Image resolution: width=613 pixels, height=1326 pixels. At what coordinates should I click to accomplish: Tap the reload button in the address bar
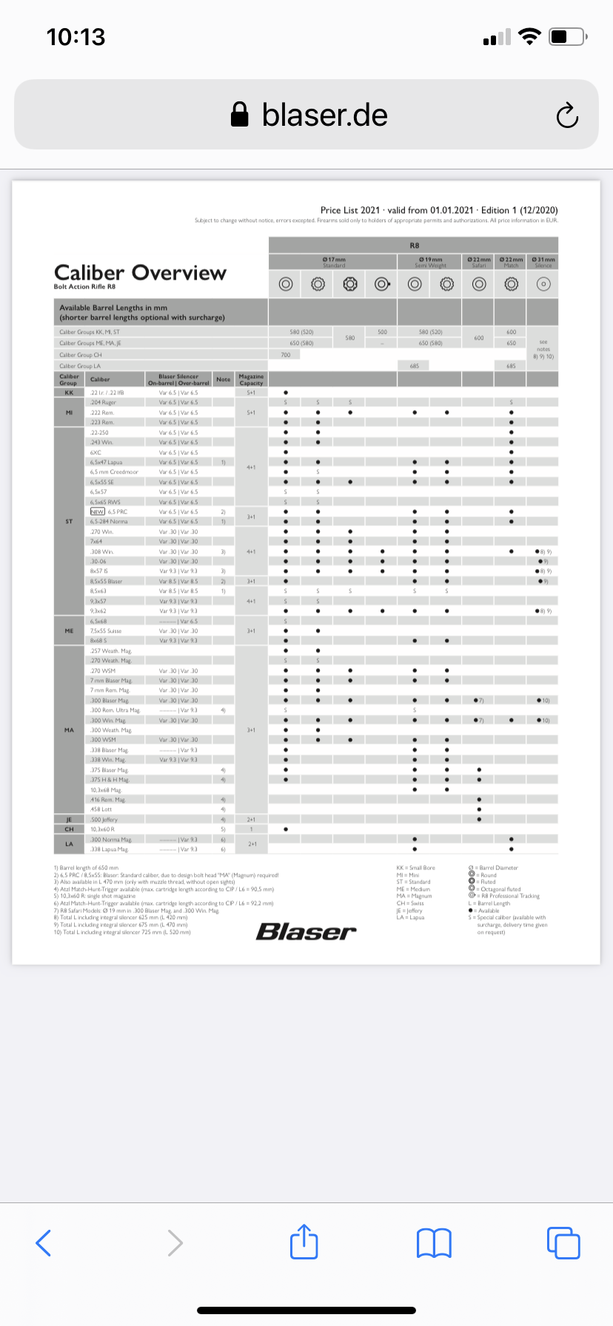pyautogui.click(x=567, y=115)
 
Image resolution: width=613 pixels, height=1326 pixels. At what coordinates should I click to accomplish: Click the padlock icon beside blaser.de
pyautogui.click(x=239, y=115)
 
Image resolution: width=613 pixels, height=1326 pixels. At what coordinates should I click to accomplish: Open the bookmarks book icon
pyautogui.click(x=434, y=1242)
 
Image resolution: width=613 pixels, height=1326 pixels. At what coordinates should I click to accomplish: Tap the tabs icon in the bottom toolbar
pyautogui.click(x=563, y=1242)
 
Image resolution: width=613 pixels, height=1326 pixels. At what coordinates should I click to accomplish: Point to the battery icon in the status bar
pyautogui.click(x=569, y=36)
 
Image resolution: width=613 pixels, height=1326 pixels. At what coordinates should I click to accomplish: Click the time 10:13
pyautogui.click(x=76, y=37)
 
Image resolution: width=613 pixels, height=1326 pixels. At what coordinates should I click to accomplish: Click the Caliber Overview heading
pyautogui.click(x=140, y=272)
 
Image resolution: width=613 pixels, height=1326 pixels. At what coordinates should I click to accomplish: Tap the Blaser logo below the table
pyautogui.click(x=306, y=932)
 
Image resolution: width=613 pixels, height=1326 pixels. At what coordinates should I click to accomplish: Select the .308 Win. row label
pyautogui.click(x=102, y=551)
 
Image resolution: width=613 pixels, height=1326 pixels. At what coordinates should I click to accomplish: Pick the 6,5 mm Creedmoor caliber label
pyautogui.click(x=114, y=472)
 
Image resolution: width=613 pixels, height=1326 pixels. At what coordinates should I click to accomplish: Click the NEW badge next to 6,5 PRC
pyautogui.click(x=97, y=511)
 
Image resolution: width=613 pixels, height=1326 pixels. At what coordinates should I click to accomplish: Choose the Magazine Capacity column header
pyautogui.click(x=251, y=379)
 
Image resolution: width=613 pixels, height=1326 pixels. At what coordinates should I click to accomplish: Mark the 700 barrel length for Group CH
pyautogui.click(x=286, y=355)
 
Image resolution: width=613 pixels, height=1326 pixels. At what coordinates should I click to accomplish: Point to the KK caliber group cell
pyautogui.click(x=69, y=393)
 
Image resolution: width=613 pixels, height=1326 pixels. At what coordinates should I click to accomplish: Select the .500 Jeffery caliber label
pyautogui.click(x=104, y=819)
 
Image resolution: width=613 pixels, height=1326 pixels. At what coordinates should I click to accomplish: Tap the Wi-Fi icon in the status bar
pyautogui.click(x=529, y=36)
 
